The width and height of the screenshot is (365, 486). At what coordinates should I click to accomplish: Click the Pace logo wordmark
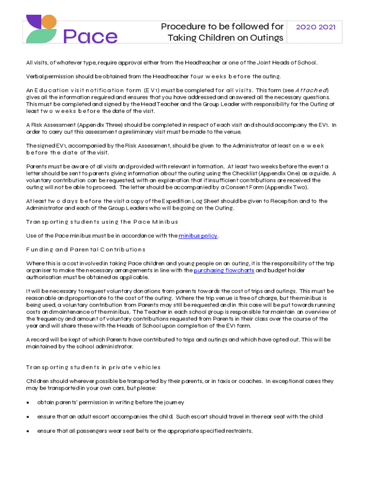point(90,37)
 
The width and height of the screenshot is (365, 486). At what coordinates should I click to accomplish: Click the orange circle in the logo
point(49,21)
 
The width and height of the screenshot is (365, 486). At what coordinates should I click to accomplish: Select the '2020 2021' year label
point(315,27)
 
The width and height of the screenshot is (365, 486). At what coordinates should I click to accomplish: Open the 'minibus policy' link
point(198,236)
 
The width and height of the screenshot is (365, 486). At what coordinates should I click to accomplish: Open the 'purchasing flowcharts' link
point(224,271)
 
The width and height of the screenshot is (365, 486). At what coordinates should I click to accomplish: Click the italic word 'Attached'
point(312,90)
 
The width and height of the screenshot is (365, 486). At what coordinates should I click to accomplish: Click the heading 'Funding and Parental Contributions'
point(85,250)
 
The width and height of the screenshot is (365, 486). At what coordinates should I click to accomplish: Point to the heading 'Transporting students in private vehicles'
point(93,367)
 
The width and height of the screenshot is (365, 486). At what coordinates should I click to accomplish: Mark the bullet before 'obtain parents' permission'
point(28,403)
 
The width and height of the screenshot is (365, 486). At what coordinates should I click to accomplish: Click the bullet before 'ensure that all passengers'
point(28,431)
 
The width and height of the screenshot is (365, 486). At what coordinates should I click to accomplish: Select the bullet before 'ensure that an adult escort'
point(28,417)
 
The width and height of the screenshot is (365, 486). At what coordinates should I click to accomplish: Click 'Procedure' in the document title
point(182,27)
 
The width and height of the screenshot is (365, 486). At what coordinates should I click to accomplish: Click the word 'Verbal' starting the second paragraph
point(34,76)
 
